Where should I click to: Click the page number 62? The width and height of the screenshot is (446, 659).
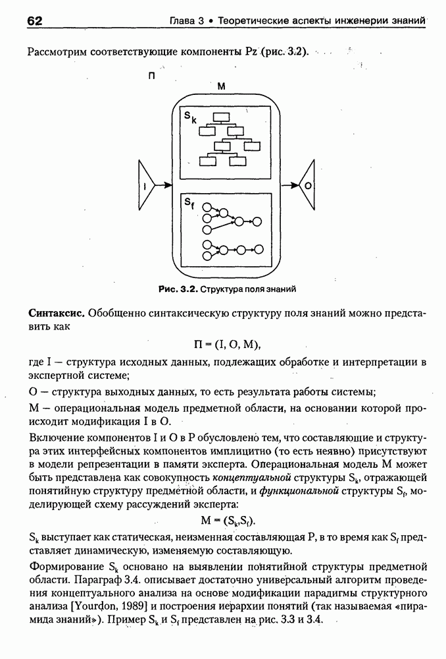coord(35,19)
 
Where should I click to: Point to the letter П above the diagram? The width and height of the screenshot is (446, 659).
coord(151,76)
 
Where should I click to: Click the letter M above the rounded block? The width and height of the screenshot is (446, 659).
coord(221,86)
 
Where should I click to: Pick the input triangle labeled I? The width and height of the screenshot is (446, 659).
coord(146,186)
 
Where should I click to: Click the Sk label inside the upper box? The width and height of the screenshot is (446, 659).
coord(190,117)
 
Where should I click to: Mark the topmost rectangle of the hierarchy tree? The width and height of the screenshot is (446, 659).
coord(220,119)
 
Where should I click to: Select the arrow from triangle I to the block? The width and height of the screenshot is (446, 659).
coord(163,186)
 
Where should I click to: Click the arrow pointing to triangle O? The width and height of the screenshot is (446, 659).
coord(291,186)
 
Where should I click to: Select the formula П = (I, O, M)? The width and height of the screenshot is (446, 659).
coord(224,343)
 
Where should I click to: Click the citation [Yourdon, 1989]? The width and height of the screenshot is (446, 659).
coord(107,607)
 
